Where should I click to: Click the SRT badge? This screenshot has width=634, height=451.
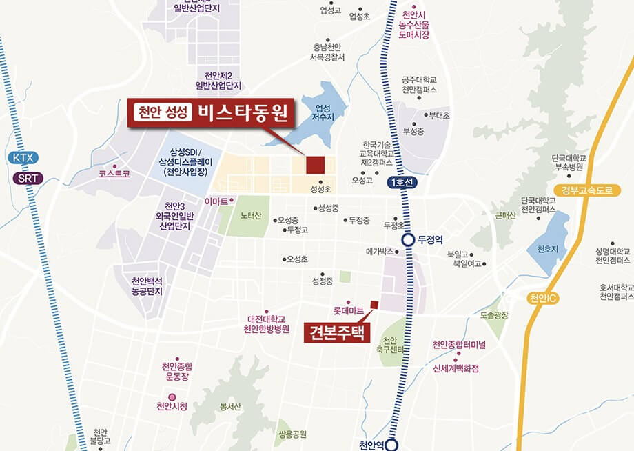coord(27,179)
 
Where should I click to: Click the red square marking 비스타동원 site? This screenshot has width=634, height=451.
coord(315,165)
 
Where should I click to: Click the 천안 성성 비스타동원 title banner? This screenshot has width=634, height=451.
coord(211,112)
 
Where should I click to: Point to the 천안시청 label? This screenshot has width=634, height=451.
coord(172,405)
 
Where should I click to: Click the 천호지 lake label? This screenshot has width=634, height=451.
coord(547,248)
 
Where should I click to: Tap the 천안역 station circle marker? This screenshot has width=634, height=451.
coord(392,445)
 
